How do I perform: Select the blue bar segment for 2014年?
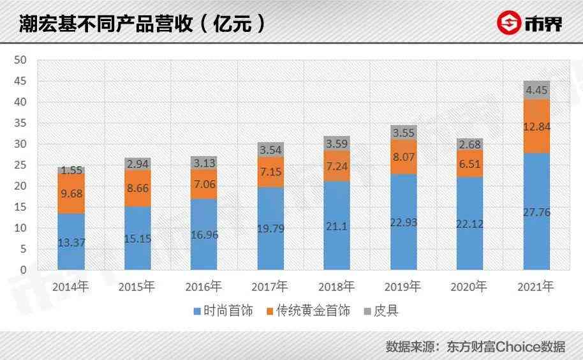click(71, 241)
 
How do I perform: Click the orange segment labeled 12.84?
click(537, 126)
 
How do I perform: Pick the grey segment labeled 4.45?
click(537, 90)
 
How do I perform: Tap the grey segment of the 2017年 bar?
click(270, 149)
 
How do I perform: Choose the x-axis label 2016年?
click(204, 287)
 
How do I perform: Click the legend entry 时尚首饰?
click(223, 311)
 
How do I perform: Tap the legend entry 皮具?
click(382, 311)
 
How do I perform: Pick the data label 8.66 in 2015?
click(138, 188)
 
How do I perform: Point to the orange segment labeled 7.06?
click(204, 184)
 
